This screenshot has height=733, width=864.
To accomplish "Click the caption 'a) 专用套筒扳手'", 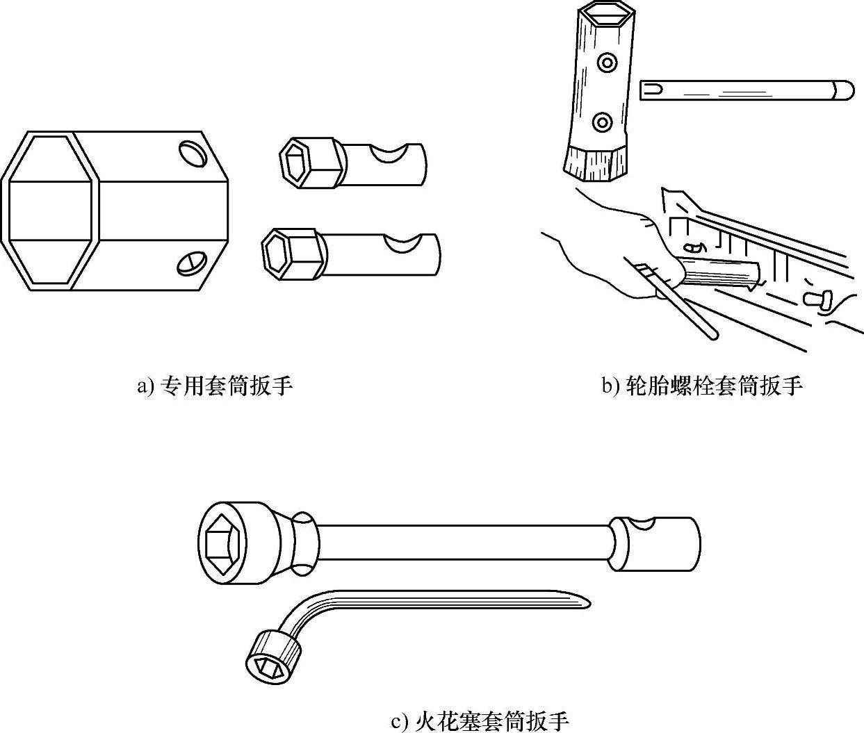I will [214, 386].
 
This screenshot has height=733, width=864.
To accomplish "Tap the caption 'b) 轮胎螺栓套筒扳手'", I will [702, 386].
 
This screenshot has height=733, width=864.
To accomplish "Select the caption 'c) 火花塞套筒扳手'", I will [480, 721].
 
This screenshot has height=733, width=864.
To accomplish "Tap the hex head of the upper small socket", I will [300, 160].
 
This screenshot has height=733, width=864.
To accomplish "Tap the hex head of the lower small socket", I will [284, 251].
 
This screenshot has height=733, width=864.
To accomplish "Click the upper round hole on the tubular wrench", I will [608, 63].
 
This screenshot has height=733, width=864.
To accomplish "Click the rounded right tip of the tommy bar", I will [845, 90].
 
